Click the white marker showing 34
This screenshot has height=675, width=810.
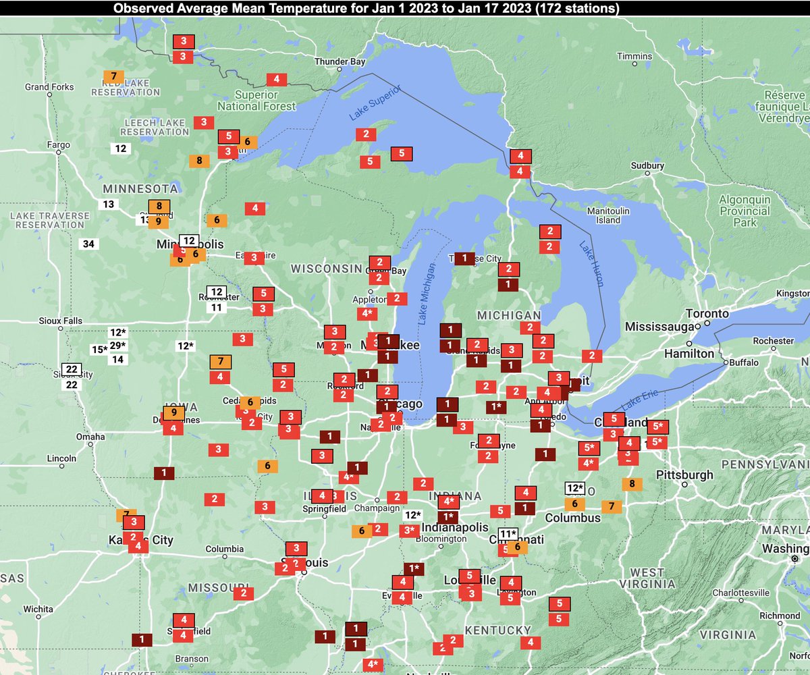(88, 244)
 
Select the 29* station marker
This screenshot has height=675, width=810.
(118, 346)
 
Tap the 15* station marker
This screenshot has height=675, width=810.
(99, 350)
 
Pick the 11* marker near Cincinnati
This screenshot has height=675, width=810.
(507, 534)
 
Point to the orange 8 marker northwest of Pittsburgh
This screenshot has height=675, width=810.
(632, 483)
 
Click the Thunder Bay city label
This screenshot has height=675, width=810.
(340, 61)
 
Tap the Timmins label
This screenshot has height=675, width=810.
(635, 56)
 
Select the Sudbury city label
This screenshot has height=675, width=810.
(647, 165)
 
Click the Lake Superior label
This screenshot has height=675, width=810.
(375, 103)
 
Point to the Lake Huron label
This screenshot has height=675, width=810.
(590, 263)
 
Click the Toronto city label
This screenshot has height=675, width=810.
(707, 314)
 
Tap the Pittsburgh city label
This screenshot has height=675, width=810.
(684, 475)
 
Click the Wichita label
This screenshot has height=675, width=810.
(38, 609)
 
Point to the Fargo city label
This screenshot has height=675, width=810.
(59, 144)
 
